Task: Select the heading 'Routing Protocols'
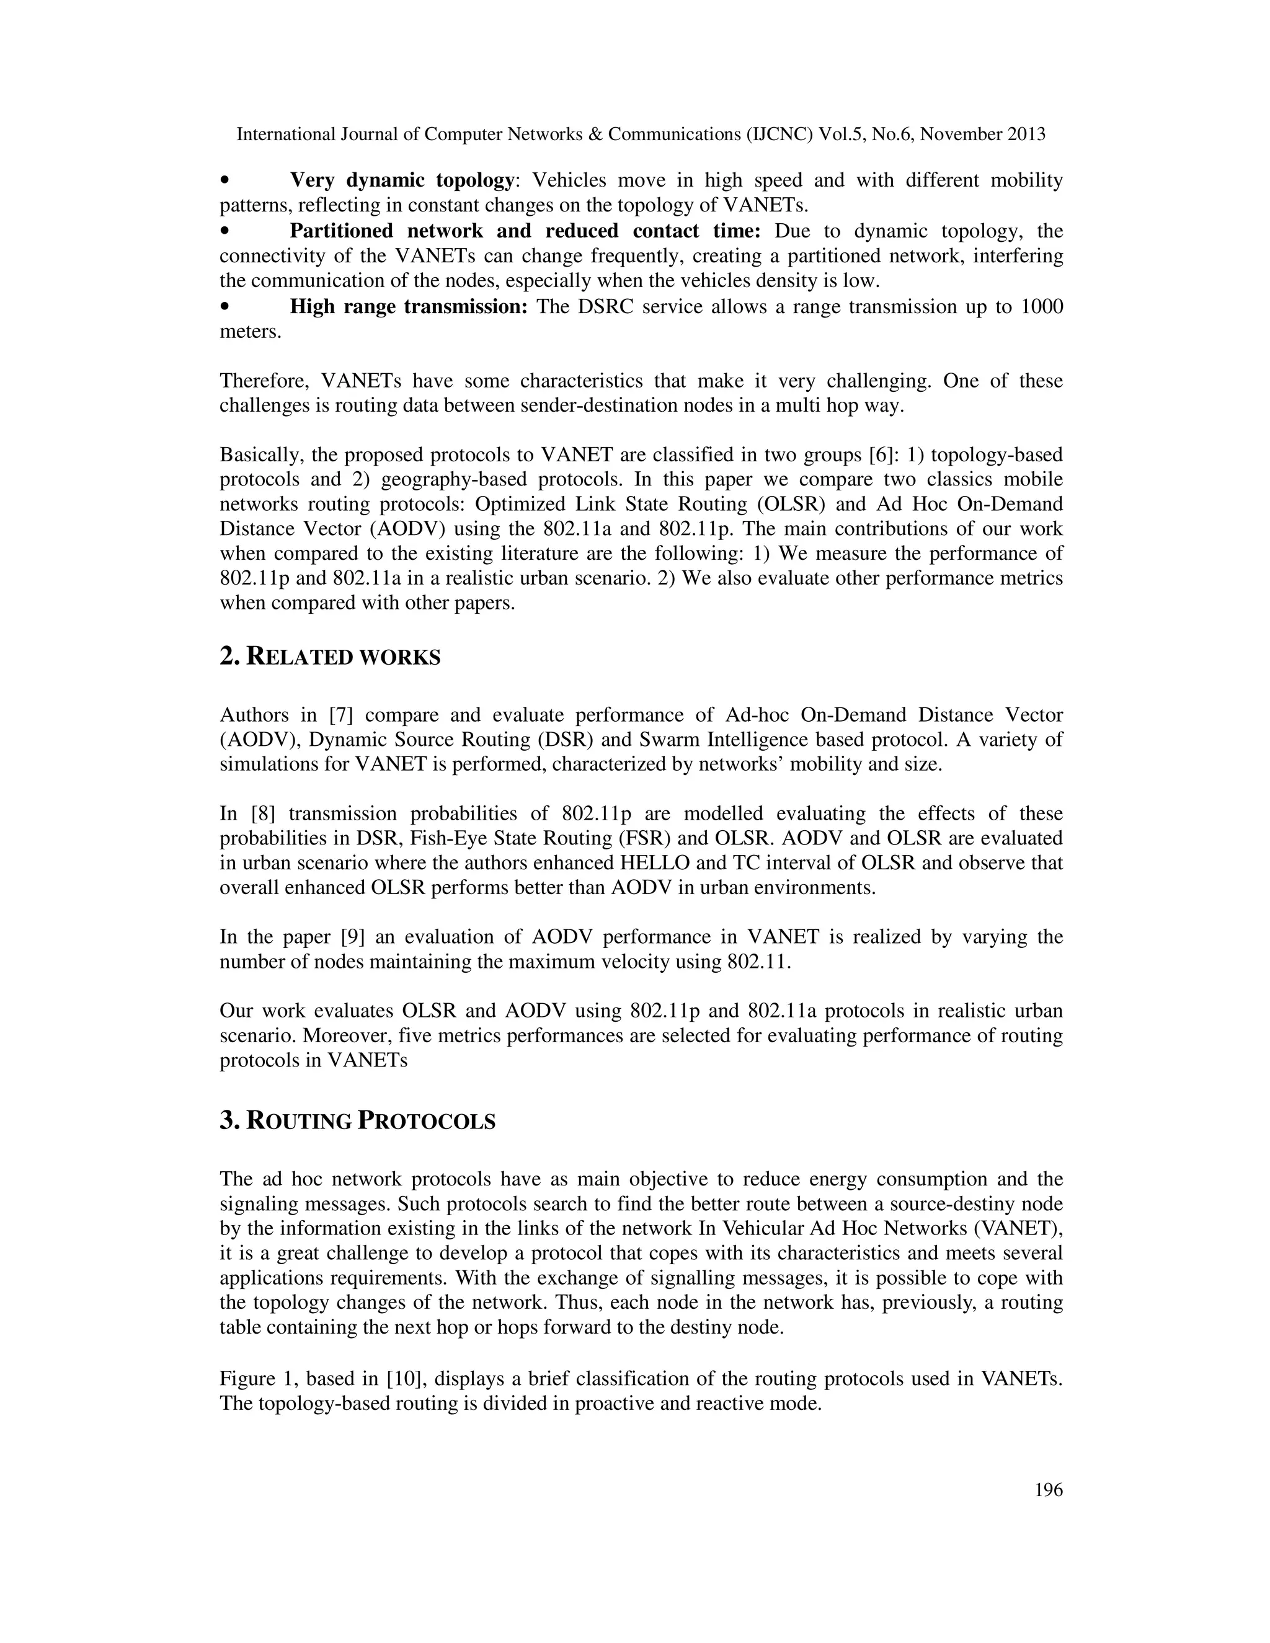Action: tap(357, 1121)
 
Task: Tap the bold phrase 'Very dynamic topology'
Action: tap(401, 180)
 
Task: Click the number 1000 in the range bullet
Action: tap(1041, 307)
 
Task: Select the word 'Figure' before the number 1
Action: tap(246, 1379)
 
